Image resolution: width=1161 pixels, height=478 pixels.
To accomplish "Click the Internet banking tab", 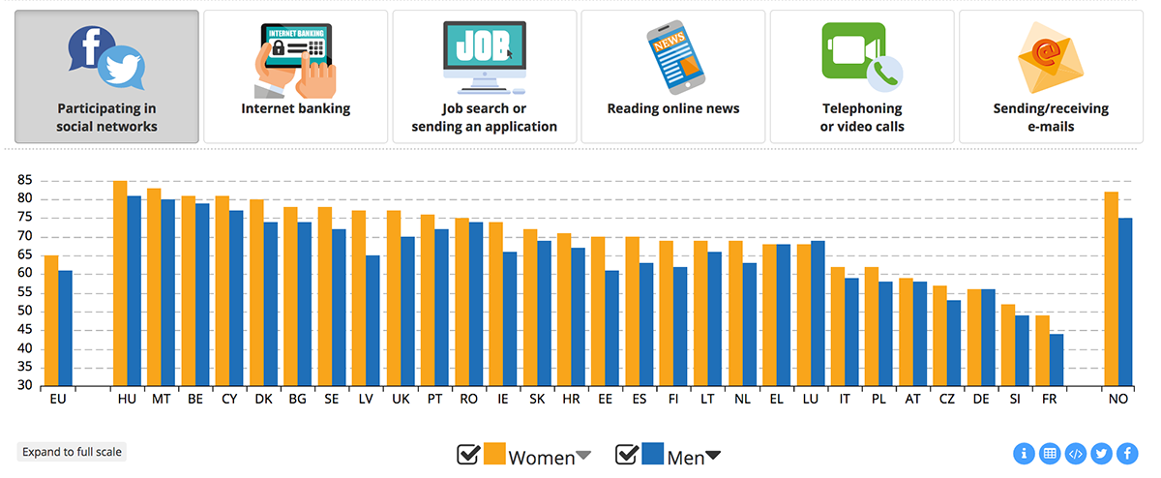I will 295,76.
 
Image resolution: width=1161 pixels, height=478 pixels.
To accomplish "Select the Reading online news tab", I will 672,76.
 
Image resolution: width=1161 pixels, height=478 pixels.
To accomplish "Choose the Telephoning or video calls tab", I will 861,76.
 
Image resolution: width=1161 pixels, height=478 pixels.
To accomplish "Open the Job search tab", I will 484,76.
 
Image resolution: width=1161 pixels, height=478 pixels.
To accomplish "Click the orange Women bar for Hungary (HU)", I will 120,284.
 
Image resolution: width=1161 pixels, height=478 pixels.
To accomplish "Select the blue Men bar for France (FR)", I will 1057,360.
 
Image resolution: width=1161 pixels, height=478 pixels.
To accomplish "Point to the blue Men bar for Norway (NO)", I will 1125,302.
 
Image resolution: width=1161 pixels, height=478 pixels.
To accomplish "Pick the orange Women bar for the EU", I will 51,321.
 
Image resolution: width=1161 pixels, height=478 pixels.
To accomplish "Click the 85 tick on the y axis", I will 24,181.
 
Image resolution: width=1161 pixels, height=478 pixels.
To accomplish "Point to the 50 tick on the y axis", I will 24,312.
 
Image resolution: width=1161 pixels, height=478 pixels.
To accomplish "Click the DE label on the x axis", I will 981,399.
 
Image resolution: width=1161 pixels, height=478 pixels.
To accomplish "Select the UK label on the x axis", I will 400,399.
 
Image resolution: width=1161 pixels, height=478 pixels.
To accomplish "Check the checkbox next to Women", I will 468,455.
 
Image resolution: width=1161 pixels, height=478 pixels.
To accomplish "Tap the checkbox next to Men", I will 627,455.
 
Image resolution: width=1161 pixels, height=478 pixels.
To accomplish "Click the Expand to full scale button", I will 72,452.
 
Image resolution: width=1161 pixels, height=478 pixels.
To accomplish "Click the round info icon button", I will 1024,453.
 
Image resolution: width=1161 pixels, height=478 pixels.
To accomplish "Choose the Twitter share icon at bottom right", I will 1101,453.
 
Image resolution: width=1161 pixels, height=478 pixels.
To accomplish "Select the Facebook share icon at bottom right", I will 1127,453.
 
